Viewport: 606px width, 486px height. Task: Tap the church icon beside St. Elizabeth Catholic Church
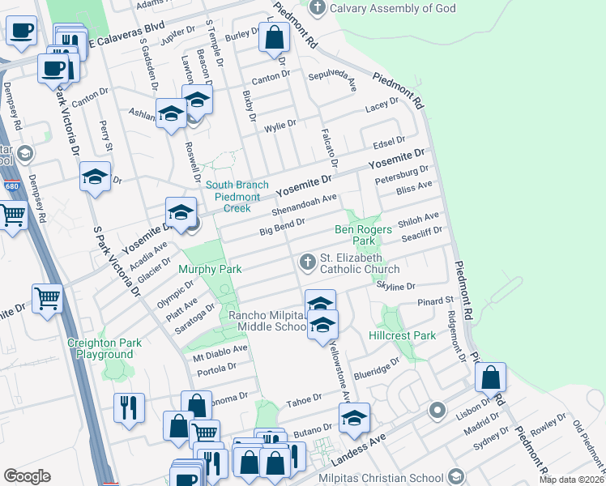[307, 262]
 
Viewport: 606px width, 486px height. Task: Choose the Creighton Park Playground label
[105, 348]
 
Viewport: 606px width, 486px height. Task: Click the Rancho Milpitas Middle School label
[267, 321]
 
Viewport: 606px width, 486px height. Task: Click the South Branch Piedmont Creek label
[237, 190]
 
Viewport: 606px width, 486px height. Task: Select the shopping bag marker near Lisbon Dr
[490, 377]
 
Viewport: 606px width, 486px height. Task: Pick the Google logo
[27, 475]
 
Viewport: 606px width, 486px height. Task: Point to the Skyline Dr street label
[396, 286]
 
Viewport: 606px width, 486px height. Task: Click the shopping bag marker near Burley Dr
[275, 37]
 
